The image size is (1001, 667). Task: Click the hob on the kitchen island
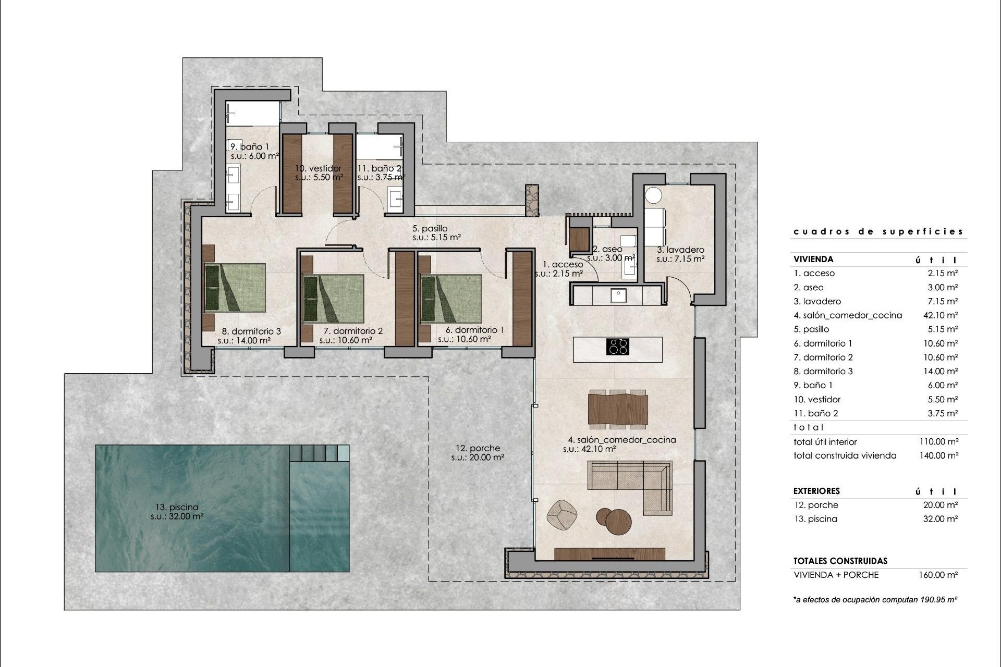point(618,347)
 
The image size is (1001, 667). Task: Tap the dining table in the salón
point(618,409)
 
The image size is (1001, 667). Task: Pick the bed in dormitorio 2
point(334,299)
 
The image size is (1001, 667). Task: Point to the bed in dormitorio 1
point(451,299)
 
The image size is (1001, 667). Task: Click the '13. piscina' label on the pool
point(177,507)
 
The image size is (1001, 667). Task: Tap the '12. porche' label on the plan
point(478,448)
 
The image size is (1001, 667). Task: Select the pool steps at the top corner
point(319,452)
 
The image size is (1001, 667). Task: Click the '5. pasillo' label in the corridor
point(430,228)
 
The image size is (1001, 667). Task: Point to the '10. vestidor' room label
point(318,168)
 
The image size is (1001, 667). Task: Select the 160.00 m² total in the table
point(938,575)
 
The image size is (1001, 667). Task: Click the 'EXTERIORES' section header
point(816,491)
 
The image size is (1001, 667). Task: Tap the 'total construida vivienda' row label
point(845,455)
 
